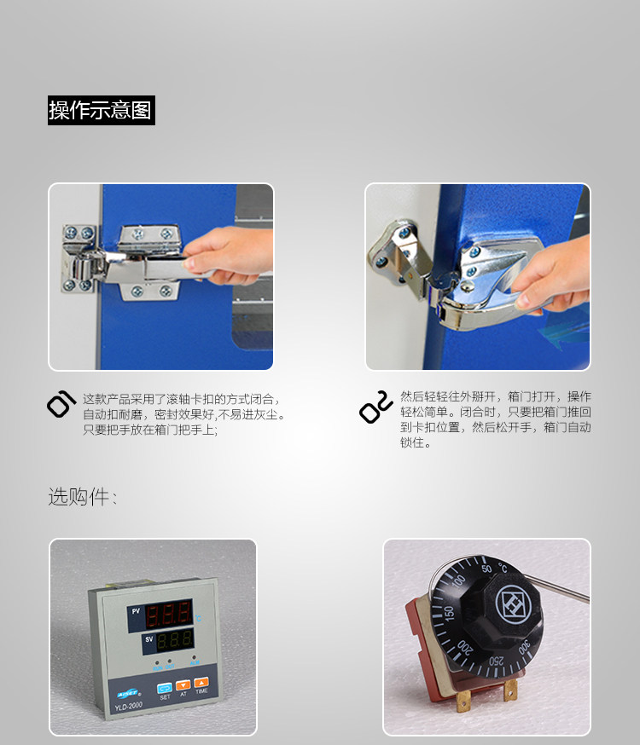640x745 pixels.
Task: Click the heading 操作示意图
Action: pos(102,110)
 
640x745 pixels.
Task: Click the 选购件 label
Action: pos(79,497)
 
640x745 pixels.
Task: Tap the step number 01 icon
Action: pos(61,404)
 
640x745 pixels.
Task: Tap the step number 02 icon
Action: pos(376,407)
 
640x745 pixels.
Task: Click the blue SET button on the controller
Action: pos(165,688)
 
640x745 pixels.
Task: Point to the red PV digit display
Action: pos(169,615)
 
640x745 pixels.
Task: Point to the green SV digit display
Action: pos(174,640)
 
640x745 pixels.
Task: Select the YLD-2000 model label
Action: pos(128,707)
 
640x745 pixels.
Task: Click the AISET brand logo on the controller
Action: pos(127,694)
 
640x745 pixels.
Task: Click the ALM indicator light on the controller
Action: pos(194,658)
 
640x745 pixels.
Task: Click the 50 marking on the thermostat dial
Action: pos(486,569)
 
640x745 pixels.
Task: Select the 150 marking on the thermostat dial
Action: pos(449,612)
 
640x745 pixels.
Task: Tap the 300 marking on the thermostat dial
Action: pos(524,648)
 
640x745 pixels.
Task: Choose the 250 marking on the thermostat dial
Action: pos(497,661)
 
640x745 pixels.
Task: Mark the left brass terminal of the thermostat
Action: pos(463,700)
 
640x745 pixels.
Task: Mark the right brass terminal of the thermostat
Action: pos(510,690)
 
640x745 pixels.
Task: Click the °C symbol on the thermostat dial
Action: pos(503,568)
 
